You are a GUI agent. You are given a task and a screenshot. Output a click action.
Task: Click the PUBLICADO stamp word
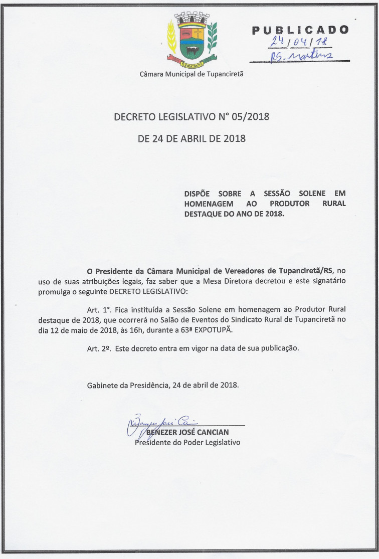point(300,30)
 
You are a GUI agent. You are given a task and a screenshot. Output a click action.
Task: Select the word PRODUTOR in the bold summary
point(291,203)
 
